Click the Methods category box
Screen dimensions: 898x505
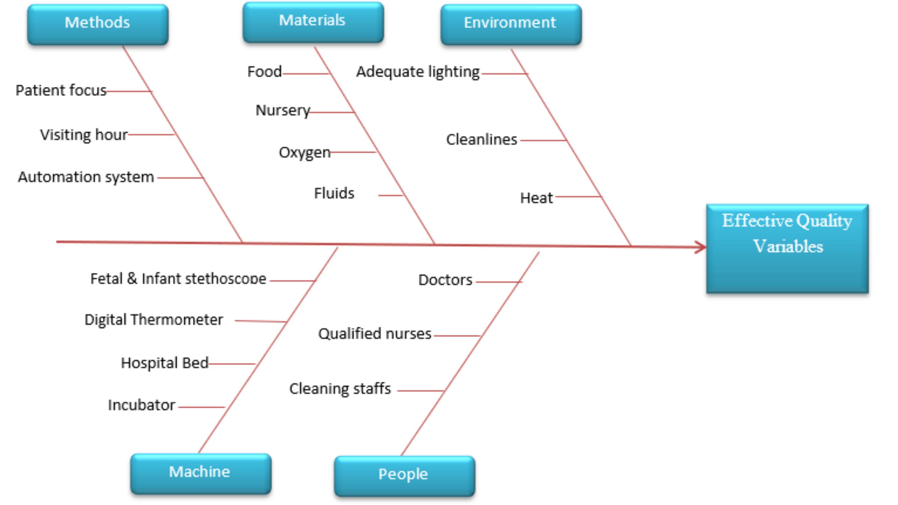click(x=98, y=24)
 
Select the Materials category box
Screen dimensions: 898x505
click(x=313, y=22)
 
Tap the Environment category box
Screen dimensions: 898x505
click(x=511, y=24)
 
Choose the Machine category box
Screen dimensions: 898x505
click(x=201, y=474)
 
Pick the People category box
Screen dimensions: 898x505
click(x=404, y=476)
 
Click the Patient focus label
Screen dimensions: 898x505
click(x=61, y=90)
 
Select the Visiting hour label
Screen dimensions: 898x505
click(x=84, y=135)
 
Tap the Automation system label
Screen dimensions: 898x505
click(x=86, y=177)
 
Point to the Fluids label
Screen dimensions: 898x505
click(x=334, y=193)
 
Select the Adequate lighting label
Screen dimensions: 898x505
click(x=418, y=72)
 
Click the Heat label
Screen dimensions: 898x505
click(x=537, y=198)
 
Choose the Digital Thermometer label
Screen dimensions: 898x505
click(x=154, y=320)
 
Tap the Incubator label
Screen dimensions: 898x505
click(x=142, y=405)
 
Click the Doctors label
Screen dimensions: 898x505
click(x=445, y=280)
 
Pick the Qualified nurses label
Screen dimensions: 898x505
click(x=375, y=334)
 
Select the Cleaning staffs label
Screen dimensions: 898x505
click(x=340, y=389)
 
